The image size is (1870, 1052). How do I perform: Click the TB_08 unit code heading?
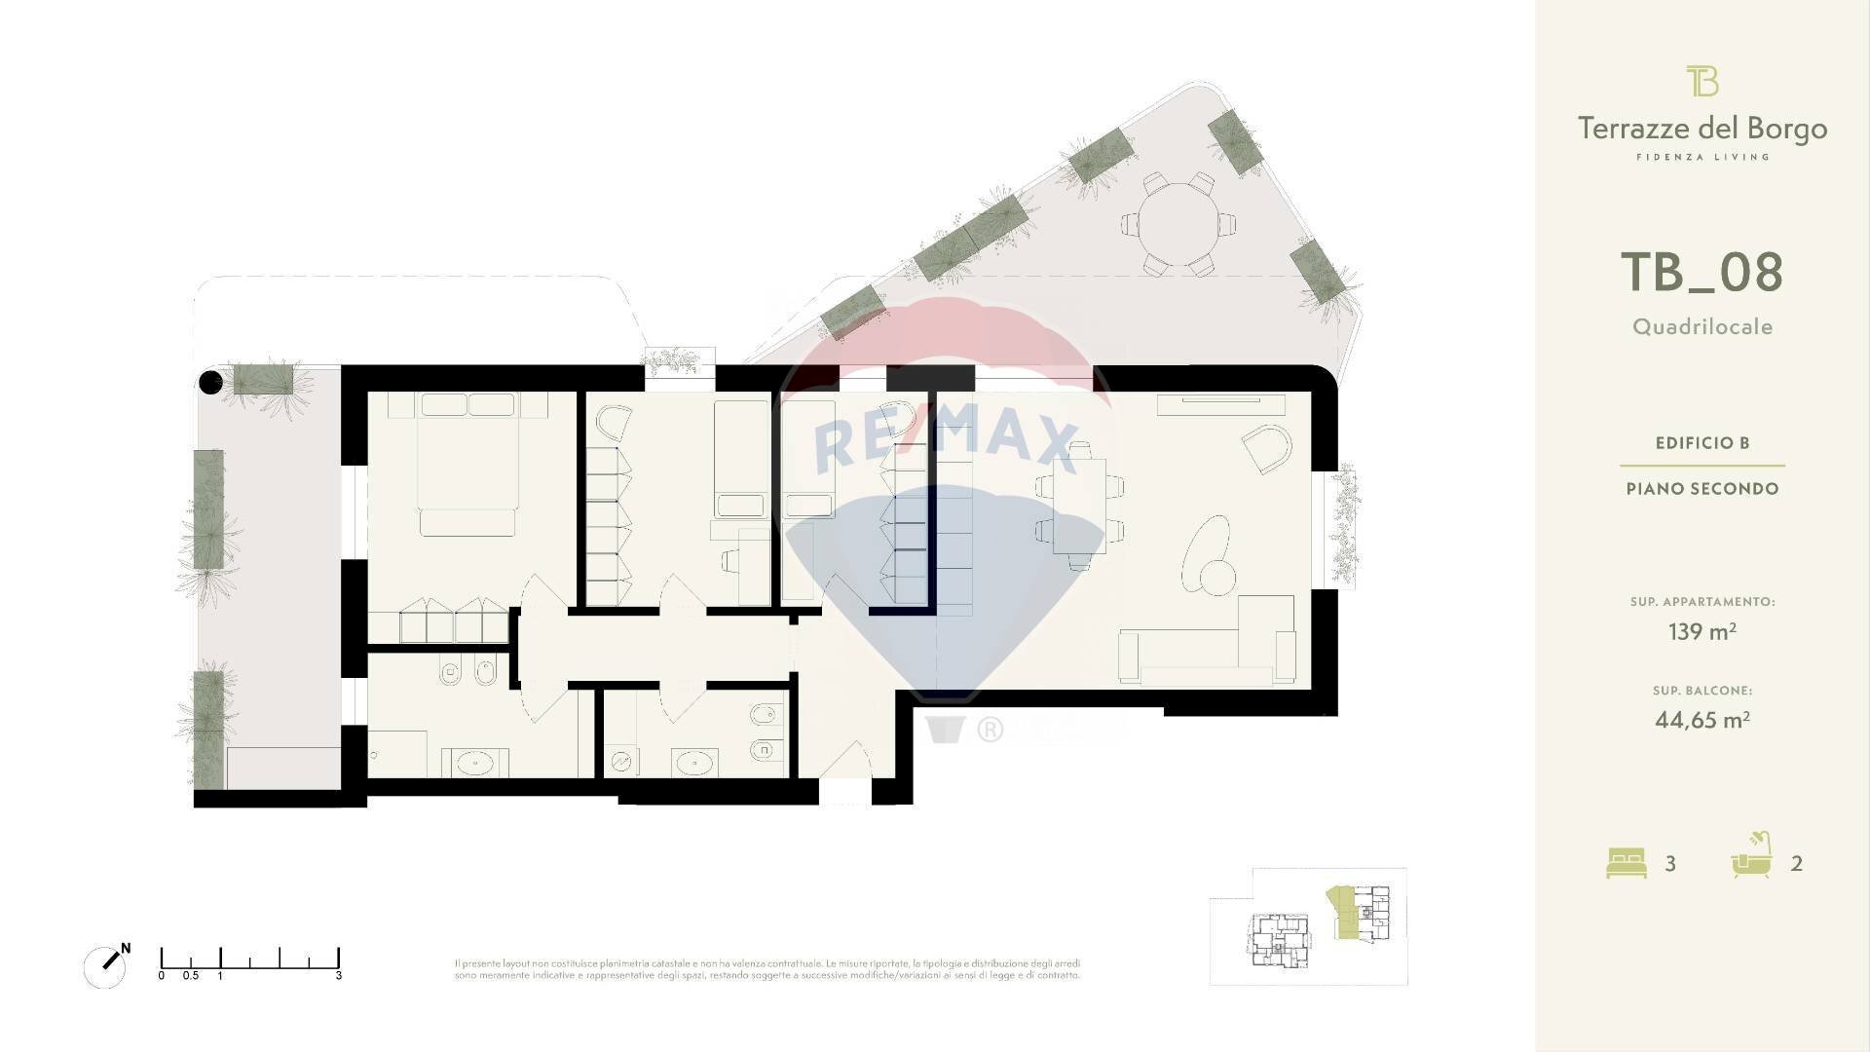[x=1702, y=273]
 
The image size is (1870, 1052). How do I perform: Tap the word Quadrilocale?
[x=1702, y=327]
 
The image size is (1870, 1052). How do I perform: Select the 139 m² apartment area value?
[x=1702, y=632]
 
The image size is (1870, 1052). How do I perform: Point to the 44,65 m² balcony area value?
[x=1702, y=721]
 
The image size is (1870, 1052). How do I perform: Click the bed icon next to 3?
[x=1626, y=863]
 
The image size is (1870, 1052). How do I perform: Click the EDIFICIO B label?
[x=1702, y=443]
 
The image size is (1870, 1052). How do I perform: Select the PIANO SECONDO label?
[x=1702, y=489]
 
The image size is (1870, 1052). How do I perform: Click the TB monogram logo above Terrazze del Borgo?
[x=1702, y=81]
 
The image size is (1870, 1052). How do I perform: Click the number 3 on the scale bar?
[x=338, y=975]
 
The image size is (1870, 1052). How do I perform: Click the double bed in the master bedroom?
[x=467, y=463]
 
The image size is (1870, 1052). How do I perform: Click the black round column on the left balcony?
[x=210, y=383]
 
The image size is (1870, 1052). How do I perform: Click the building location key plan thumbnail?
[x=1308, y=926]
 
